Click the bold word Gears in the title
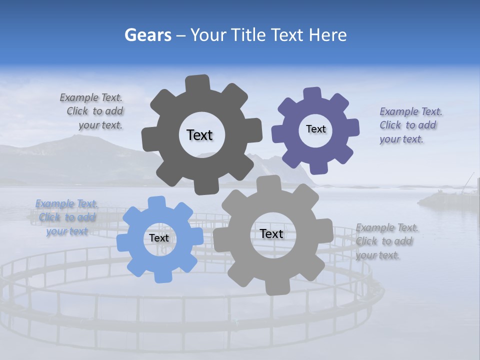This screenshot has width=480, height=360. tap(147, 35)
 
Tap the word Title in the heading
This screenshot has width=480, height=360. tap(249, 35)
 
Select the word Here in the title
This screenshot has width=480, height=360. tap(328, 35)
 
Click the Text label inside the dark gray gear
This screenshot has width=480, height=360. tap(199, 135)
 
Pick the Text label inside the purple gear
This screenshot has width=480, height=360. tap(315, 129)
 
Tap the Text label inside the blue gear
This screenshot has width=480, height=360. tap(159, 238)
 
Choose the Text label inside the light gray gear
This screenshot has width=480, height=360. tap(271, 234)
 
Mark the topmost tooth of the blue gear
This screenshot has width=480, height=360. tap(157, 202)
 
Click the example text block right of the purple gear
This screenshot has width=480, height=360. tap(410, 125)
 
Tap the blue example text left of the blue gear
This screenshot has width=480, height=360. tap(67, 217)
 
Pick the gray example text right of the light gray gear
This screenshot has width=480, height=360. tap(386, 241)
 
